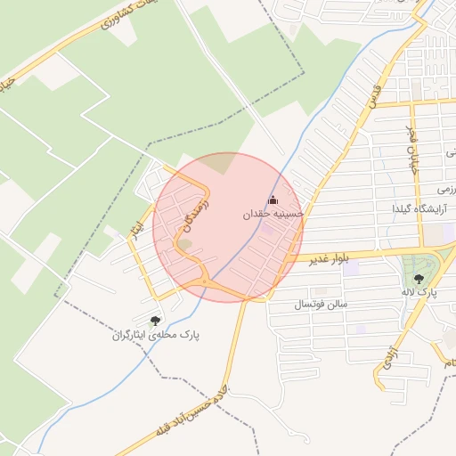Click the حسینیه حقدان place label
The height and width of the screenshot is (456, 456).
(273, 215)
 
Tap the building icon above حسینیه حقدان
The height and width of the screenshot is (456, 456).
(273, 200)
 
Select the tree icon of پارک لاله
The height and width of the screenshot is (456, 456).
(419, 277)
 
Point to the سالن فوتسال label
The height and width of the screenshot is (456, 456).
(326, 305)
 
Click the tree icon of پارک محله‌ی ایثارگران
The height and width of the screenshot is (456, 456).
(156, 320)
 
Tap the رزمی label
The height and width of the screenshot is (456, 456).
(446, 191)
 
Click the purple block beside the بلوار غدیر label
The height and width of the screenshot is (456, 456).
(352, 268)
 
